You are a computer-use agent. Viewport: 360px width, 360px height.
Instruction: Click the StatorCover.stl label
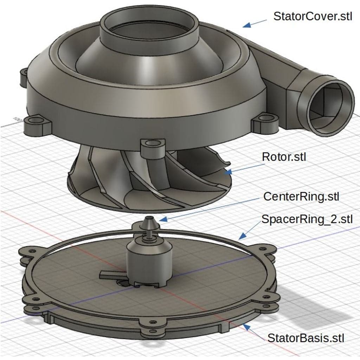pos(313,16)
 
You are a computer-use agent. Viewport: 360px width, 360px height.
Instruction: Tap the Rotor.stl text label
pos(284,157)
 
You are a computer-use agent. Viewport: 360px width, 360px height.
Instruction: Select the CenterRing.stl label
pos(301,197)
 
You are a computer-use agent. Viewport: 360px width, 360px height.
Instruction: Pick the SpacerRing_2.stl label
pos(307,219)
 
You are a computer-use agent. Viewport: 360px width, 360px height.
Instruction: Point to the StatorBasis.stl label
pos(306,338)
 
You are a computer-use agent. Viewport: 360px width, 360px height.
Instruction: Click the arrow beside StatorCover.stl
pos(255,24)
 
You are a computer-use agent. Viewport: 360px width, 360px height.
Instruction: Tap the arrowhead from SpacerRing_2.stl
pos(242,236)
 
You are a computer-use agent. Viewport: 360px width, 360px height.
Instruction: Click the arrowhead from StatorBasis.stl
pos(246,327)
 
